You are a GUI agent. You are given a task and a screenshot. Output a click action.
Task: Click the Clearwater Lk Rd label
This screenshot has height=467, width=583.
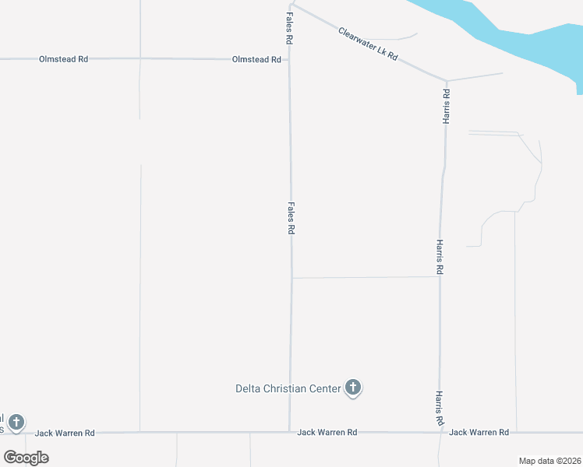click(368, 44)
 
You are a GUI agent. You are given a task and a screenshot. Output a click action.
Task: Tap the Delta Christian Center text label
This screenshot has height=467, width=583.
click(288, 388)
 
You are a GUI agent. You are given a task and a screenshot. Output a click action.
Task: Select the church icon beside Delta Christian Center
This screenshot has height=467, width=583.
click(353, 387)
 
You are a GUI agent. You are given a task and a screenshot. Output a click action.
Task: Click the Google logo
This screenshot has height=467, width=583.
click(26, 457)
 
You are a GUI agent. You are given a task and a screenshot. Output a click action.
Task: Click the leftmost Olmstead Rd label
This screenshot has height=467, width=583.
click(63, 59)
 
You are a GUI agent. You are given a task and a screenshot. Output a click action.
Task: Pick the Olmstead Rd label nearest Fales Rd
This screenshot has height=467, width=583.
click(256, 59)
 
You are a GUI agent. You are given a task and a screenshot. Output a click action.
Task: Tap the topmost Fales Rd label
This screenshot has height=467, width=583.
click(288, 27)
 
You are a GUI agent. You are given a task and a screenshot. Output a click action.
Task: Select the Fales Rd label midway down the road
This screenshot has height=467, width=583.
click(291, 218)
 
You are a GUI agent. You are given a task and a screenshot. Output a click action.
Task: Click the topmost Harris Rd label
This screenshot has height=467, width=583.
click(447, 106)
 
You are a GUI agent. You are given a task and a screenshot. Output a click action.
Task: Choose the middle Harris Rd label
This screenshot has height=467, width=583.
click(440, 256)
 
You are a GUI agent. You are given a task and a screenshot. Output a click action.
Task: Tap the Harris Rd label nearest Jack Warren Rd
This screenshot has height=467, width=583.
click(440, 408)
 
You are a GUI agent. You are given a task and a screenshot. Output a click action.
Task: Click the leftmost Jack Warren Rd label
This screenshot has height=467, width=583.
click(65, 433)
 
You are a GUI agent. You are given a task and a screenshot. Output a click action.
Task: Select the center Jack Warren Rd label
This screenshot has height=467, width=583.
click(327, 432)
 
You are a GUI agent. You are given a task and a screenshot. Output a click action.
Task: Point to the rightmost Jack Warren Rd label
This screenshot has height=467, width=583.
click(479, 432)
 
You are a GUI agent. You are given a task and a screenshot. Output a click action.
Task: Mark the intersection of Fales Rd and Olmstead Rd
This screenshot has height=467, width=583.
click(290, 59)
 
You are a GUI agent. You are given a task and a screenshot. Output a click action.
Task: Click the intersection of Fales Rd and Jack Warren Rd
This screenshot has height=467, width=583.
click(290, 432)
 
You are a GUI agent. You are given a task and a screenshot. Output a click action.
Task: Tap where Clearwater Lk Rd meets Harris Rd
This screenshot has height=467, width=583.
click(447, 80)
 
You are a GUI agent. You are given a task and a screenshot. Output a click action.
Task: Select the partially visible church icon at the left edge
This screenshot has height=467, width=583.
click(16, 423)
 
